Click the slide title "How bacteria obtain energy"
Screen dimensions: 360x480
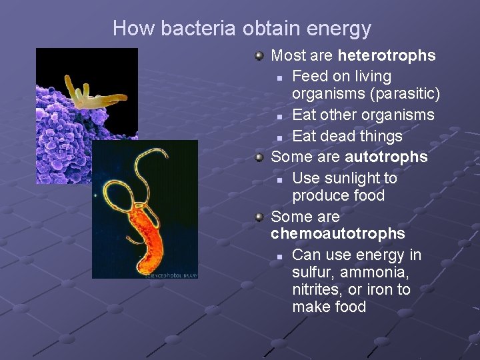click(x=241, y=29)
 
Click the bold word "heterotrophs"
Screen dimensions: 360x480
click(x=387, y=55)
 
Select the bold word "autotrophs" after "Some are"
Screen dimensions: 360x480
click(x=386, y=157)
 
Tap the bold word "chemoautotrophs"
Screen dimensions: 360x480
click(x=337, y=233)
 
